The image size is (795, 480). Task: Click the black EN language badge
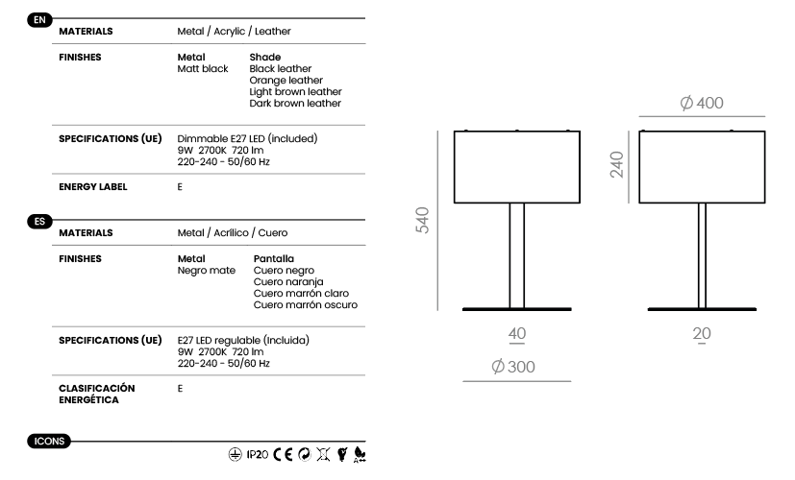pos(39,20)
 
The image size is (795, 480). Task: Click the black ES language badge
pos(39,221)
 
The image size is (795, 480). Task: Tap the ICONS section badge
pos(49,441)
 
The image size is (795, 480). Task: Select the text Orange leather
pos(286,80)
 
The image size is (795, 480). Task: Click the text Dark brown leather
pos(295,104)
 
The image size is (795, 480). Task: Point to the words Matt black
pos(203,69)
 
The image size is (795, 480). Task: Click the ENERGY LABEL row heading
pos(93,187)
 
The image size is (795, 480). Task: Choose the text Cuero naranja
pos(288,282)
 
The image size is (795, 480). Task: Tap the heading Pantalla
pos(274,259)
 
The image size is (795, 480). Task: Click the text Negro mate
pos(207,271)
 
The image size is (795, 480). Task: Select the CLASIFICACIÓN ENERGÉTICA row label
pos(97,394)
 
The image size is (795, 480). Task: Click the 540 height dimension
pos(422,220)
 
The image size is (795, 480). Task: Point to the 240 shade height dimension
pos(616,164)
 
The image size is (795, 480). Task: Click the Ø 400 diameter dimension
pos(702,103)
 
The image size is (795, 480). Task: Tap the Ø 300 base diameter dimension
pos(513,367)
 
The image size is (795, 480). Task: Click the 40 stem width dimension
pos(517,334)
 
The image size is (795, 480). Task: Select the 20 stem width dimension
pos(702,334)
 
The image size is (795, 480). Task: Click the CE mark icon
pos(283,454)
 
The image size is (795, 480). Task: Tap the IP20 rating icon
pos(258,455)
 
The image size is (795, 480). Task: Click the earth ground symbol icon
pos(235,455)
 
